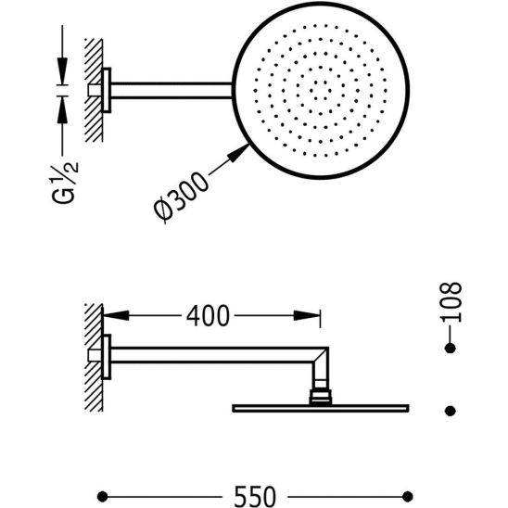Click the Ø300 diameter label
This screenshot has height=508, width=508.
[x=180, y=197]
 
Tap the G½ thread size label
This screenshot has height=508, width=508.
[x=65, y=183]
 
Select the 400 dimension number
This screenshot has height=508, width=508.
[x=208, y=316]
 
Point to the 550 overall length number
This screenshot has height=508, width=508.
[x=255, y=496]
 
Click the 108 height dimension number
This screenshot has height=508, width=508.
[x=451, y=302]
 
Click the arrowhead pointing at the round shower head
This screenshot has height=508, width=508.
[x=238, y=153]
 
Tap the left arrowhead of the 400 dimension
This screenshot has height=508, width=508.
[x=116, y=315]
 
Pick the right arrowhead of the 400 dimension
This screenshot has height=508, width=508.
[x=307, y=315]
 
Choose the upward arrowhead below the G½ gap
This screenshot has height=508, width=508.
[x=62, y=110]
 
